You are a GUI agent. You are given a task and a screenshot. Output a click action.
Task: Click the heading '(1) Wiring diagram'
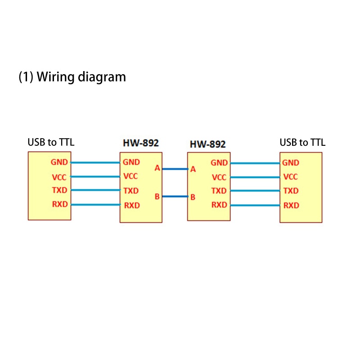click(72, 77)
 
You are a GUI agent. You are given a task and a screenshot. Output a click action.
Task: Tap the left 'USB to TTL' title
click(51, 143)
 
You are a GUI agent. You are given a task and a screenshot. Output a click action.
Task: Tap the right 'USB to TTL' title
click(302, 143)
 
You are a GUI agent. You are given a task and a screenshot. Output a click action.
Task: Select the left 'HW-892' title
click(141, 143)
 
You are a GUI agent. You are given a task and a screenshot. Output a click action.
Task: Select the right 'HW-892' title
click(207, 144)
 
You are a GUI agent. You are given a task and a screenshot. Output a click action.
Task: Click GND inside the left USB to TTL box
click(59, 162)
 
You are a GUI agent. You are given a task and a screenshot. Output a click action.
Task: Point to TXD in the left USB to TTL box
click(59, 190)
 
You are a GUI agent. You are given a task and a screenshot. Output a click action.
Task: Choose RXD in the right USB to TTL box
click(291, 205)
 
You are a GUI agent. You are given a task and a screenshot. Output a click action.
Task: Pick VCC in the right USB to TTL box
click(291, 177)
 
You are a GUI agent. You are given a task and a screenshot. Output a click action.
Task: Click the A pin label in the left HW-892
click(157, 168)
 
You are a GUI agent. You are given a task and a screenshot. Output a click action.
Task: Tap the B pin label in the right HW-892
click(193, 197)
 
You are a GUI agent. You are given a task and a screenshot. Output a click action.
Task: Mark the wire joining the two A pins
click(175, 169)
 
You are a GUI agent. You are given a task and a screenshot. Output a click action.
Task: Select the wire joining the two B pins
click(175, 197)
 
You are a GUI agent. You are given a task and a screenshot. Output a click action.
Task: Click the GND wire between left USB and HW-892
click(95, 162)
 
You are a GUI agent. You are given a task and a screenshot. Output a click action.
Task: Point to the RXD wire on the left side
click(95, 205)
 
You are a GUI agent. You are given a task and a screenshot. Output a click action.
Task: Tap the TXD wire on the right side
click(255, 191)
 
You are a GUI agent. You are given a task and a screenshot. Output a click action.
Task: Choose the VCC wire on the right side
click(255, 177)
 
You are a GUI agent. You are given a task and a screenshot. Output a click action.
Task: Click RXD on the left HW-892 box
click(132, 206)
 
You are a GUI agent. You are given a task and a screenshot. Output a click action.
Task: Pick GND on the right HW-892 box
click(219, 163)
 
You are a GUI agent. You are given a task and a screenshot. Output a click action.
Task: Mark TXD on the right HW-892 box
click(219, 191)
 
